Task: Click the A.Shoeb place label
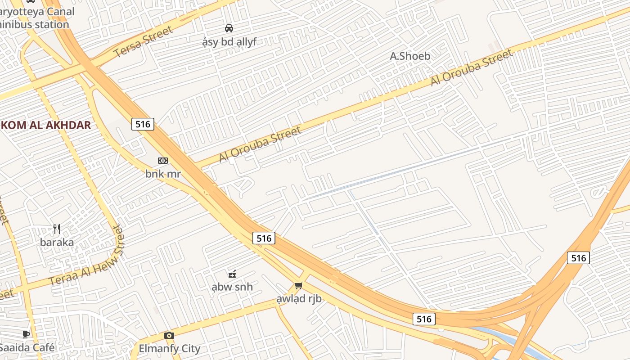click(410, 56)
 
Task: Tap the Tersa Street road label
click(143, 41)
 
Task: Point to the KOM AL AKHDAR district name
click(45, 125)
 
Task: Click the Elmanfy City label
click(169, 348)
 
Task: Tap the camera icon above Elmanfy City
click(169, 335)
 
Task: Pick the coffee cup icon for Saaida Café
click(26, 334)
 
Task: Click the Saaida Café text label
click(27, 347)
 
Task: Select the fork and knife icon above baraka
click(57, 229)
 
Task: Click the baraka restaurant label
click(57, 243)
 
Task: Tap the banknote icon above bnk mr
click(163, 161)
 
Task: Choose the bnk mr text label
click(163, 174)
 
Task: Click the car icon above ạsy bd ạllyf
click(229, 28)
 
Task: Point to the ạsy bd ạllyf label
click(229, 42)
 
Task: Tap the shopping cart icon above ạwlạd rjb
click(298, 285)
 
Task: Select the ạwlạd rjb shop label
click(299, 298)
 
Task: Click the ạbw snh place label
click(232, 287)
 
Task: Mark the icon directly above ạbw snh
click(232, 274)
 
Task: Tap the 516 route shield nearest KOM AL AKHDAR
click(143, 124)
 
